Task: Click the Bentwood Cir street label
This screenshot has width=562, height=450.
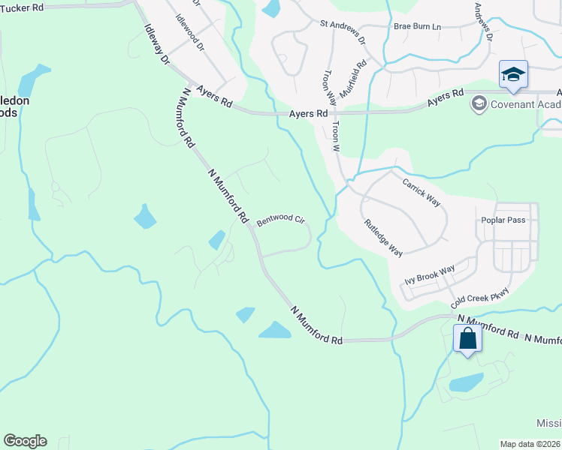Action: click(280, 220)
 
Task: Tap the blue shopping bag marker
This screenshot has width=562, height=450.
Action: click(467, 338)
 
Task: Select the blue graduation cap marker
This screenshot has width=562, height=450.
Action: click(513, 75)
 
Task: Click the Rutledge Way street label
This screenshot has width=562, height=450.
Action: click(383, 238)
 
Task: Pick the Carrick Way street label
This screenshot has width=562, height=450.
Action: click(421, 192)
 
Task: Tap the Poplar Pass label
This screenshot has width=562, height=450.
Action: click(503, 220)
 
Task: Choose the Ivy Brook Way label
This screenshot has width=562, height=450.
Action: click(430, 274)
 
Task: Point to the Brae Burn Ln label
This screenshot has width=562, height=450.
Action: click(417, 26)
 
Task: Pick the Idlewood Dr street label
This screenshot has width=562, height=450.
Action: click(189, 31)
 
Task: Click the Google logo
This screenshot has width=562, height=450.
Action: click(25, 441)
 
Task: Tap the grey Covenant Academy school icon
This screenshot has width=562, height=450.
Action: click(479, 103)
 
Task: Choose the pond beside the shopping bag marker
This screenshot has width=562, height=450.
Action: click(466, 382)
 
